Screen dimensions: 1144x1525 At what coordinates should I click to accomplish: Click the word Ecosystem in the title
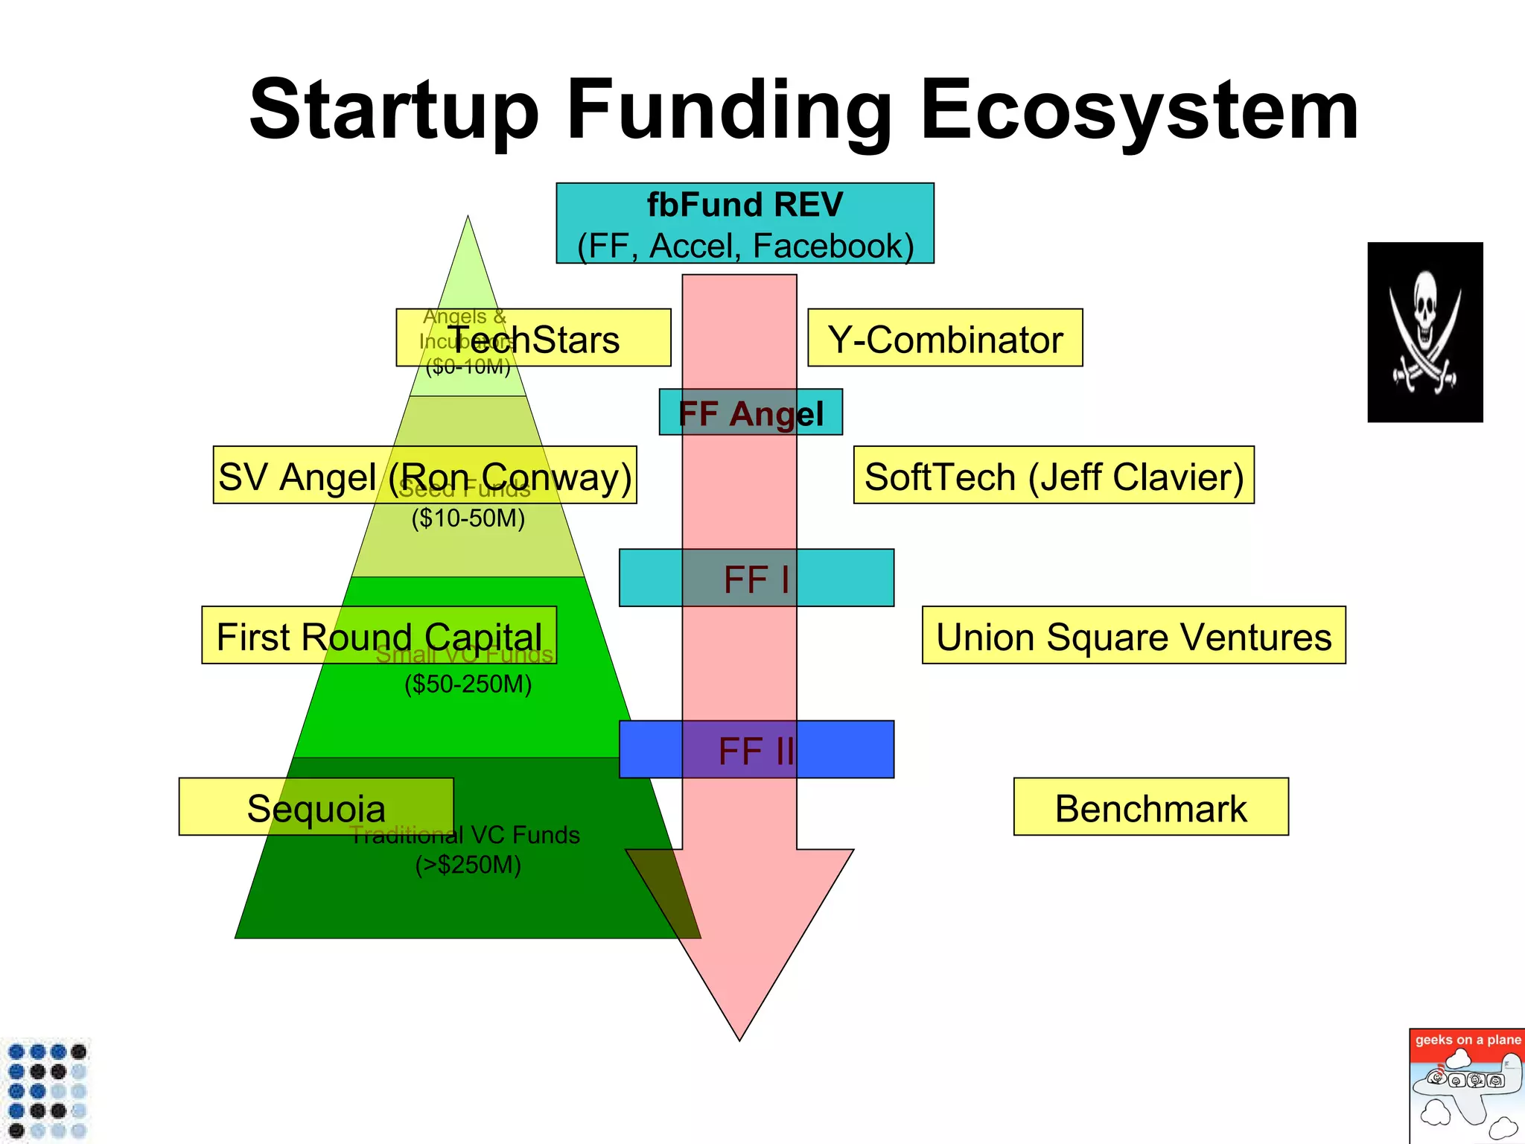coord(1139,112)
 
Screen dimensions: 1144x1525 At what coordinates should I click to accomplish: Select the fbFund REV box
coord(745,223)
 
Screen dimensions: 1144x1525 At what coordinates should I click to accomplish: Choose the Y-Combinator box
coord(945,338)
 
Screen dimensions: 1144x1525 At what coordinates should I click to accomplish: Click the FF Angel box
coord(751,412)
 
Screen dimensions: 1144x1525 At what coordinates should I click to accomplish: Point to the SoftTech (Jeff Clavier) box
coord(1054,475)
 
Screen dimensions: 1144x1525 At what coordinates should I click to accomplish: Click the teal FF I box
coord(757,578)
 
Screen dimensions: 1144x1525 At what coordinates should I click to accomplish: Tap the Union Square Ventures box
coord(1133,635)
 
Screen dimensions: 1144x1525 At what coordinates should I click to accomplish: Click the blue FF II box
coord(757,749)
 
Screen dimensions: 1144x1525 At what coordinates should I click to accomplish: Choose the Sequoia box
coord(316,807)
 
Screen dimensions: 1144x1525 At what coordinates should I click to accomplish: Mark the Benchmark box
coord(1150,807)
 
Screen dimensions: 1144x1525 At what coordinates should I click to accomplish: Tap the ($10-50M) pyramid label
coord(468,518)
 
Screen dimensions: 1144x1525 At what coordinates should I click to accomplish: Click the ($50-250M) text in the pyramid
coord(468,684)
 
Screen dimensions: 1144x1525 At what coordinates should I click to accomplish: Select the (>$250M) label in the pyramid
coord(468,865)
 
